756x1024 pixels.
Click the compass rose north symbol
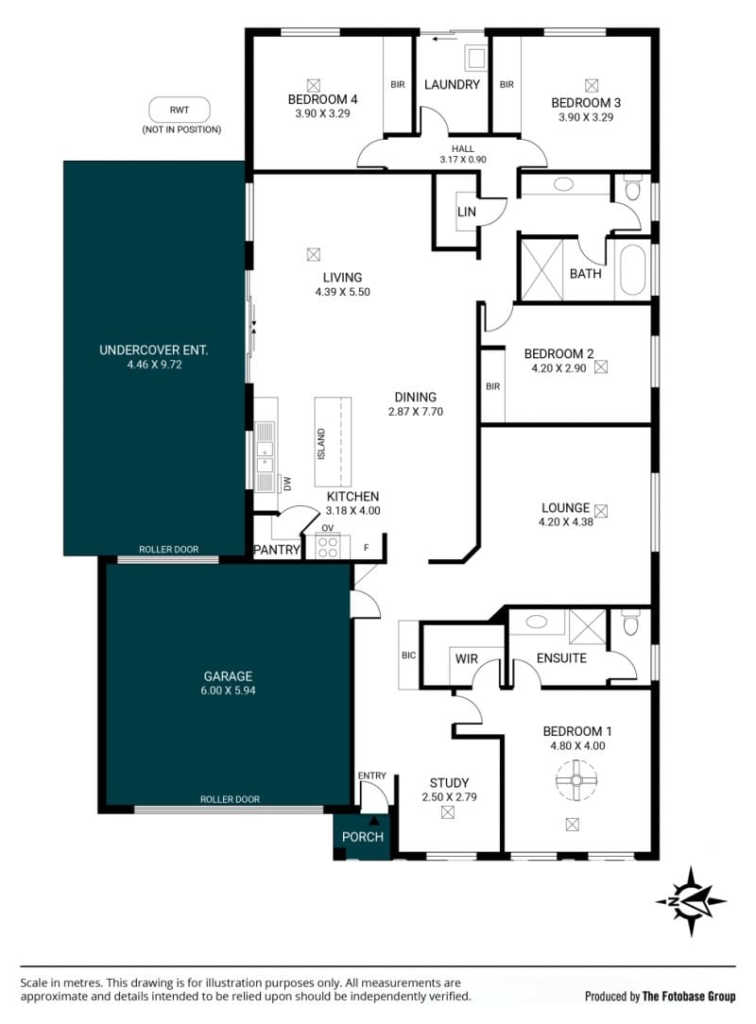pyautogui.click(x=691, y=901)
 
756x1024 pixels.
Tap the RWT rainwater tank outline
pyautogui.click(x=180, y=110)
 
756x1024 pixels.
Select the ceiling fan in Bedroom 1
pyautogui.click(x=576, y=779)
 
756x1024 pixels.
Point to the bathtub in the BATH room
pyautogui.click(x=632, y=271)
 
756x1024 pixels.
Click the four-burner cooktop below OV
pyautogui.click(x=327, y=547)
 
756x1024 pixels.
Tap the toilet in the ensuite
pyautogui.click(x=630, y=623)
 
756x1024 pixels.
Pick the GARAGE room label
pyautogui.click(x=228, y=676)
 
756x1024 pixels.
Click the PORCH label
pyautogui.click(x=363, y=837)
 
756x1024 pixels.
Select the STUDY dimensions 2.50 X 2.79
pyautogui.click(x=449, y=796)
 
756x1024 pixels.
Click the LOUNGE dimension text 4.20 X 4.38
pyautogui.click(x=566, y=521)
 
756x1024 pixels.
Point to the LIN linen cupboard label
pyautogui.click(x=467, y=212)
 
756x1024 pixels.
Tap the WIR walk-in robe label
pyautogui.click(x=466, y=659)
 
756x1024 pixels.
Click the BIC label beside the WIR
pyautogui.click(x=408, y=655)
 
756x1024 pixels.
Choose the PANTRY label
pyautogui.click(x=276, y=550)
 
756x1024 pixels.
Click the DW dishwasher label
pyautogui.click(x=287, y=484)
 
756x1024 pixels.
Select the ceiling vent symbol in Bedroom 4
pyautogui.click(x=314, y=85)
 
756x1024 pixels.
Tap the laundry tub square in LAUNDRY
pyautogui.click(x=474, y=58)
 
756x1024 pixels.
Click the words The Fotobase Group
pyautogui.click(x=689, y=996)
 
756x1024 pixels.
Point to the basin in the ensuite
pyautogui.click(x=537, y=621)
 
